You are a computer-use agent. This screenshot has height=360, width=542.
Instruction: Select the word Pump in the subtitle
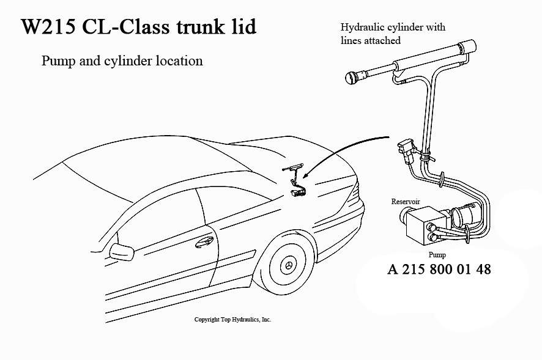click(58, 61)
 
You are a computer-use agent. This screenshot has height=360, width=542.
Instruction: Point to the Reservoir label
click(406, 201)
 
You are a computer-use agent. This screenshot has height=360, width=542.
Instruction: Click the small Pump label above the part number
click(437, 254)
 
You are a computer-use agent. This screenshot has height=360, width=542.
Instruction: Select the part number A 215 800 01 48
click(439, 269)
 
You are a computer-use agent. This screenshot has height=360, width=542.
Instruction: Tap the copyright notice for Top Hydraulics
click(232, 320)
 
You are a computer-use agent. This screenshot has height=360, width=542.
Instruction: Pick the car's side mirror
click(122, 251)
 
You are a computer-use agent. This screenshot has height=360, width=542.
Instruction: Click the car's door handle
click(203, 243)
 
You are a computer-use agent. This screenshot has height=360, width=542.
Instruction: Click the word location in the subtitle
click(179, 61)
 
